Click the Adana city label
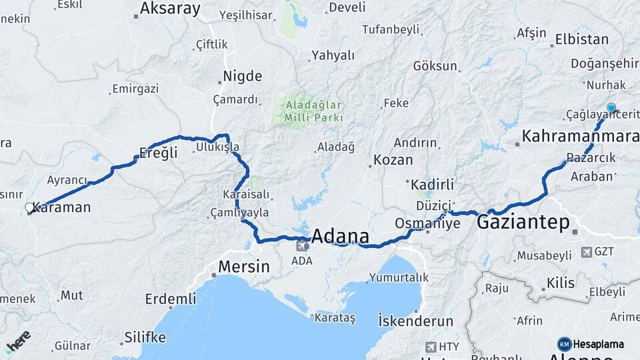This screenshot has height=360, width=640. coord(340,236)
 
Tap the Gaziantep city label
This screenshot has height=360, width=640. coord(523,222)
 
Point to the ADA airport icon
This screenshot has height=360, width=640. coord(301,245)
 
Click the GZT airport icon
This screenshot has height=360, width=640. coord(586,251)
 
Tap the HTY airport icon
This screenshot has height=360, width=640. coord(431,347)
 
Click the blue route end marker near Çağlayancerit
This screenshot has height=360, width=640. coord(611,107)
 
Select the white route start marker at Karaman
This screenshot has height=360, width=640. coord(29,208)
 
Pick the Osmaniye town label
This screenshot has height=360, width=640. coord(427,223)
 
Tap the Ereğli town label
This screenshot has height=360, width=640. coord(159,153)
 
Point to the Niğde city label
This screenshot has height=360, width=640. coord(242,75)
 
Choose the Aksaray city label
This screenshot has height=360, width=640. coord(169,9)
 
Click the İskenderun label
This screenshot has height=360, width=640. coord(415,321)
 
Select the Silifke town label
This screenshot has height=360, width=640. coord(145,337)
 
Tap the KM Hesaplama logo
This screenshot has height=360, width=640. coord(591,344)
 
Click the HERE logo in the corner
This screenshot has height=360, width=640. coord(18,341)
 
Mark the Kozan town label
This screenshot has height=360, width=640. coord(393,160)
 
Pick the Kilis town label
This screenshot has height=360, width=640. coord(560,283)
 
